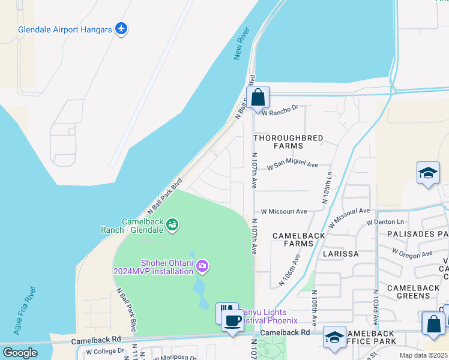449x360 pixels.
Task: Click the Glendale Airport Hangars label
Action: (65, 29)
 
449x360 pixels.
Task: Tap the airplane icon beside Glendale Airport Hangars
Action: (121, 28)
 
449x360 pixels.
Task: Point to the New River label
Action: (241, 47)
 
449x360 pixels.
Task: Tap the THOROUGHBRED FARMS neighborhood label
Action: (288, 142)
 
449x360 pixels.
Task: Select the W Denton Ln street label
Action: (381, 222)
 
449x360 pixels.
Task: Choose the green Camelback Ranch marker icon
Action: (173, 225)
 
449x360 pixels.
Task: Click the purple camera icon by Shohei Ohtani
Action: (202, 265)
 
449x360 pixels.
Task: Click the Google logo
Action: (20, 353)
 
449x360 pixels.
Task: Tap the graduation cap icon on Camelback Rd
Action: (334, 337)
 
